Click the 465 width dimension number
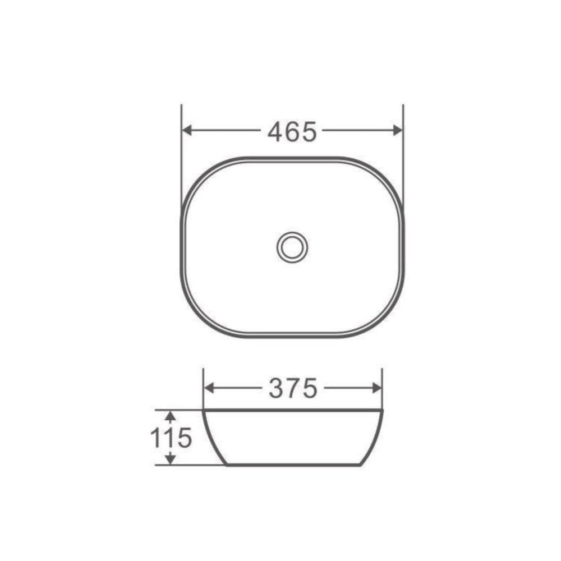click(x=292, y=131)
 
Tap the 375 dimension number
click(x=293, y=388)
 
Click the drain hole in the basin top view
click(x=292, y=247)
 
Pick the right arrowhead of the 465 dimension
click(x=397, y=130)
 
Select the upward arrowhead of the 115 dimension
click(x=171, y=416)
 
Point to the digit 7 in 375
click(x=293, y=388)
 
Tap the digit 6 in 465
click(x=292, y=131)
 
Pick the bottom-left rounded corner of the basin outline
click(x=196, y=320)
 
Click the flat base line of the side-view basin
click(x=292, y=465)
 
